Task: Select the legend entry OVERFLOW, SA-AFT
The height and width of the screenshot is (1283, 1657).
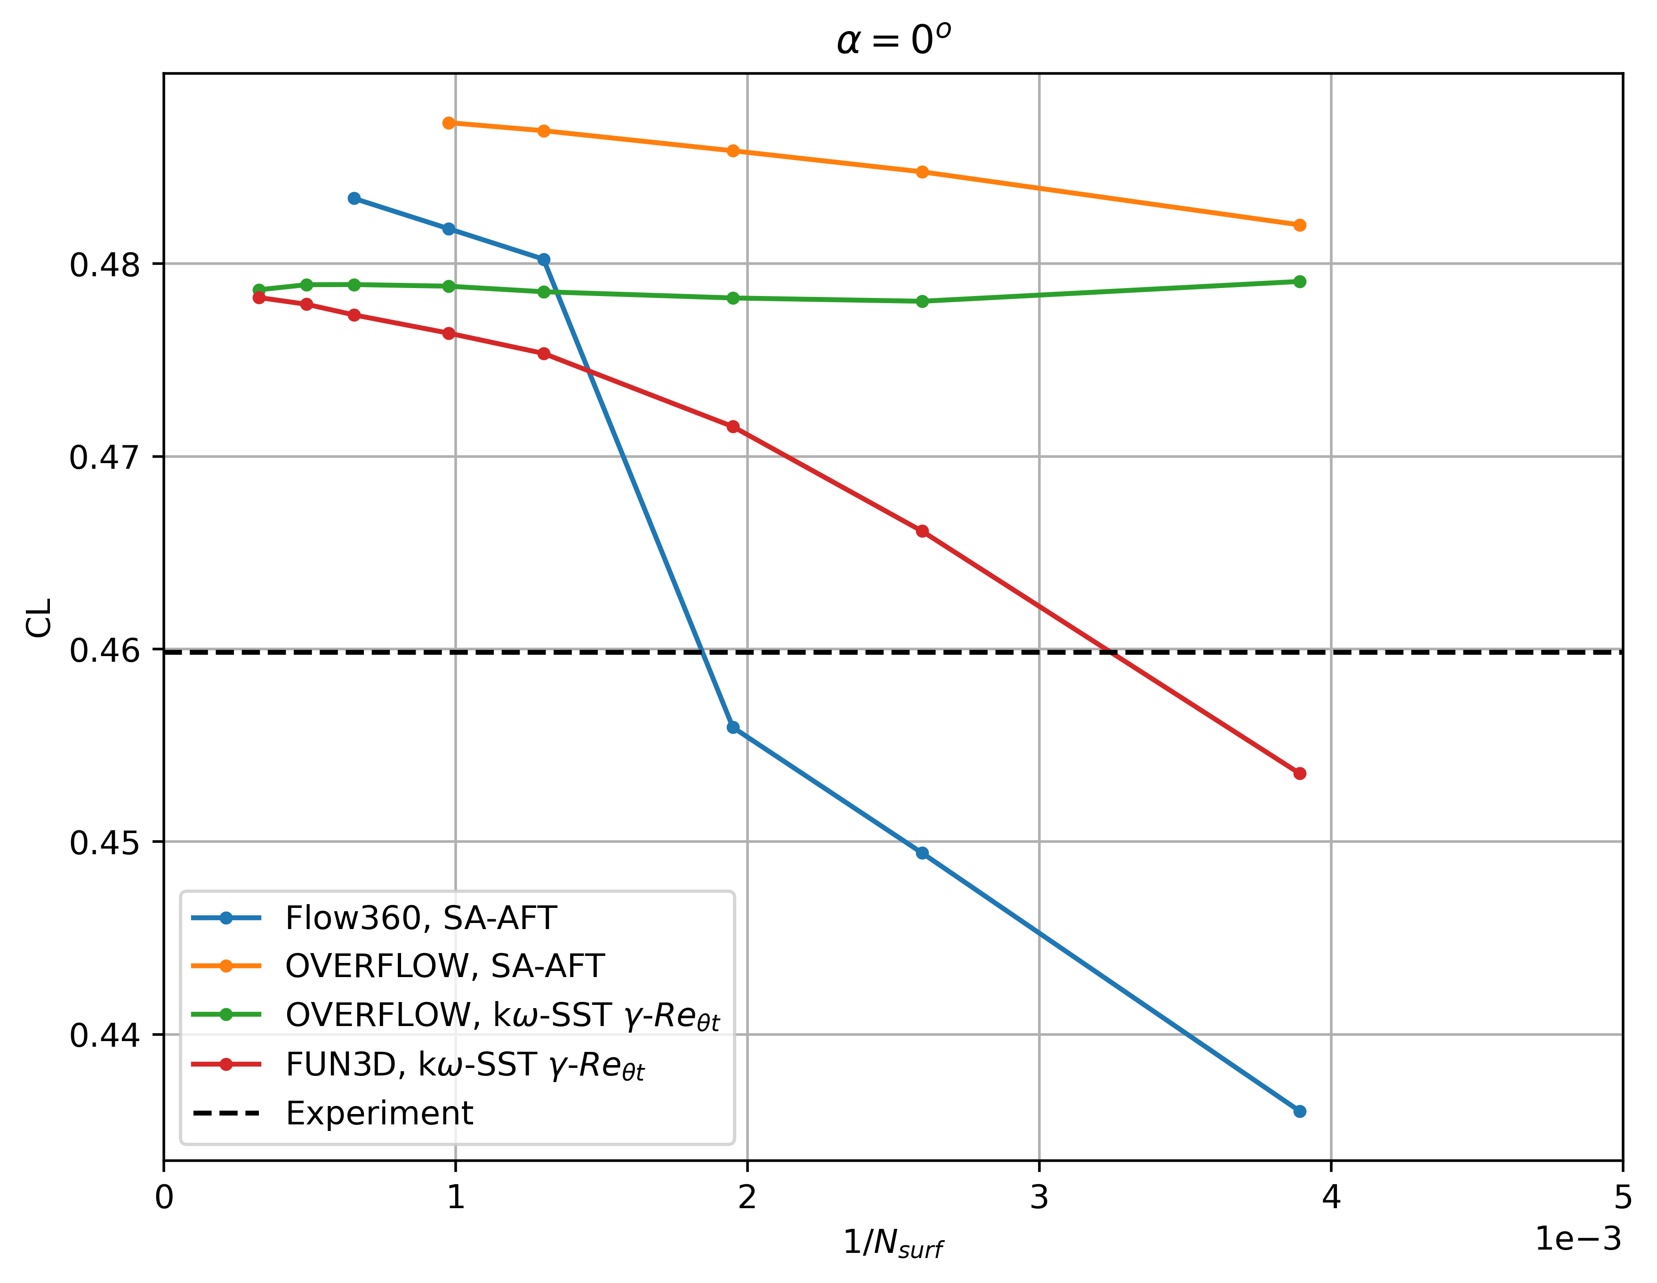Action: pos(444,966)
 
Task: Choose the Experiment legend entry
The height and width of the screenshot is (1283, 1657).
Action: pos(379,1113)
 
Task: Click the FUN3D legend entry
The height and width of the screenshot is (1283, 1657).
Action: pos(464,1065)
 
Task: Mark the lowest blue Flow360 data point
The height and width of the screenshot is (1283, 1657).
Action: pos(1300,1112)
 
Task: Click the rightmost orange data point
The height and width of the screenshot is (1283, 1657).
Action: pos(1300,225)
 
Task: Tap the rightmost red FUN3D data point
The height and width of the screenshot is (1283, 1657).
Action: pos(1300,773)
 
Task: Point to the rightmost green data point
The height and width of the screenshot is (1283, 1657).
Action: pos(1300,281)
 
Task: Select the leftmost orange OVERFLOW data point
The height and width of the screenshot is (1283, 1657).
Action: pos(449,123)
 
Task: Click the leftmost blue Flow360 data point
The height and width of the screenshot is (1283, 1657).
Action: pos(354,199)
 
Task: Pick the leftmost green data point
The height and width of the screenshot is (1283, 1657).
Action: pos(259,290)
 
